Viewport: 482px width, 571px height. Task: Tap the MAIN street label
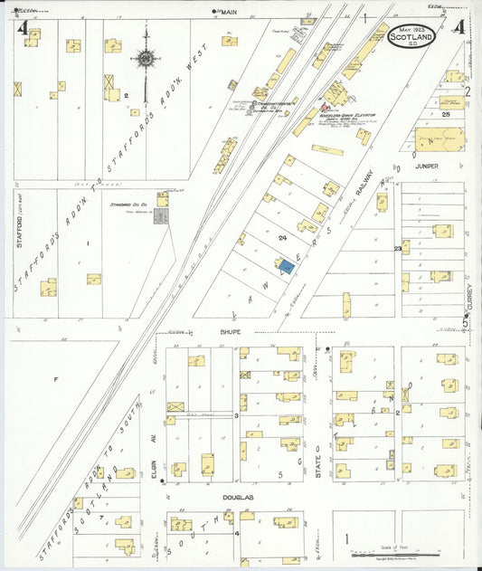229,12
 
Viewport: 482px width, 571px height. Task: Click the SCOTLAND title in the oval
411,38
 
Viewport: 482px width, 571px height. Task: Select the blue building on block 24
287,266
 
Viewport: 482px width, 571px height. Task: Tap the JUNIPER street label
428,167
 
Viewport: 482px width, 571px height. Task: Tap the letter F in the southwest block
55,378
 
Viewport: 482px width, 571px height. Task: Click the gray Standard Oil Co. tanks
161,217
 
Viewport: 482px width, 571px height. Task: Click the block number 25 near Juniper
447,115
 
